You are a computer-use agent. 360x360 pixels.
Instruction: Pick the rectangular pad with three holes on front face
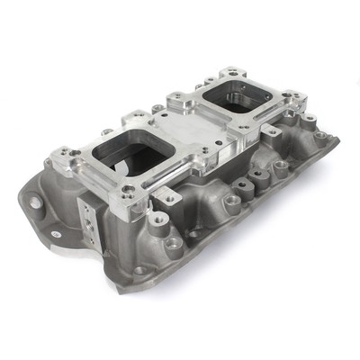[88, 219]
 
